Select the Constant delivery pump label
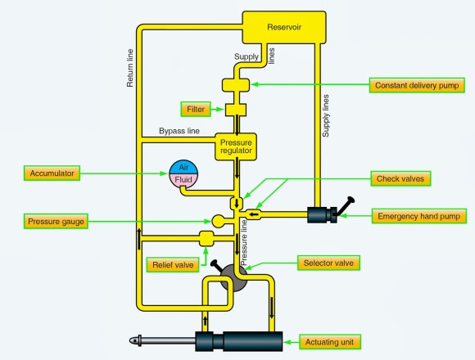418,85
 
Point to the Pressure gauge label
57,221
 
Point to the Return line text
130,70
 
